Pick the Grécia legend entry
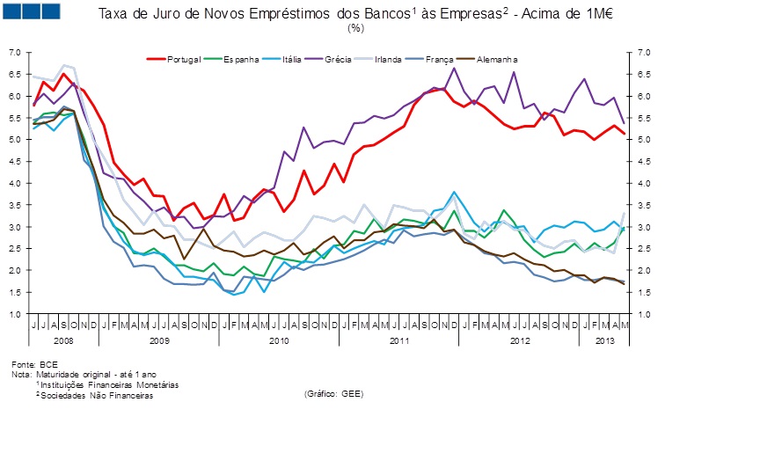click(x=339, y=59)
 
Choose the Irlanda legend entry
click(x=388, y=59)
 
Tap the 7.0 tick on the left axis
click(x=14, y=53)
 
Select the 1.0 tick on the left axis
click(x=14, y=314)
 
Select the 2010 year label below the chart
click(x=279, y=340)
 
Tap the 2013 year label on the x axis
click(x=605, y=340)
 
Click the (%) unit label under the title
click(x=356, y=28)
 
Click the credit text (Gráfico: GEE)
click(x=332, y=393)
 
